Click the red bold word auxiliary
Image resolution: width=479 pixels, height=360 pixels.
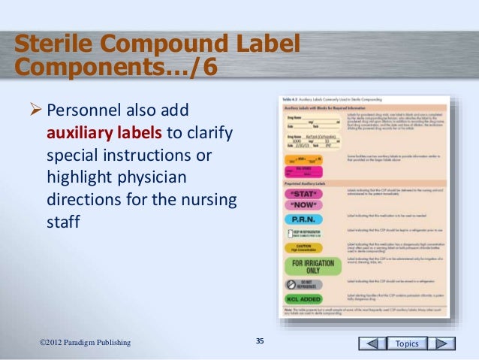[80, 135]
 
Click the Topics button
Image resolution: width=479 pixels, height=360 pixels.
[407, 343]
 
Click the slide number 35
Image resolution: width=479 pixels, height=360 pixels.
[260, 343]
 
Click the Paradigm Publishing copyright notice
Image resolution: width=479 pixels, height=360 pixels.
[84, 343]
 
